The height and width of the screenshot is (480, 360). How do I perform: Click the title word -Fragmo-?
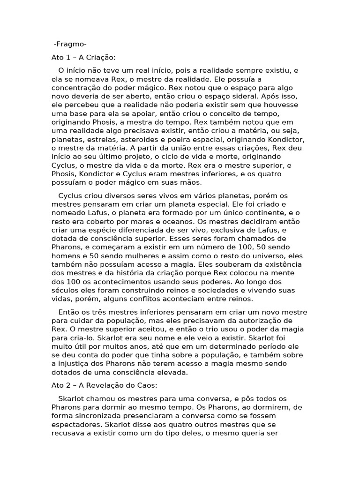(x=70, y=45)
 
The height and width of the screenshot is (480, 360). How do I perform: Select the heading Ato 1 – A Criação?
(x=83, y=58)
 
